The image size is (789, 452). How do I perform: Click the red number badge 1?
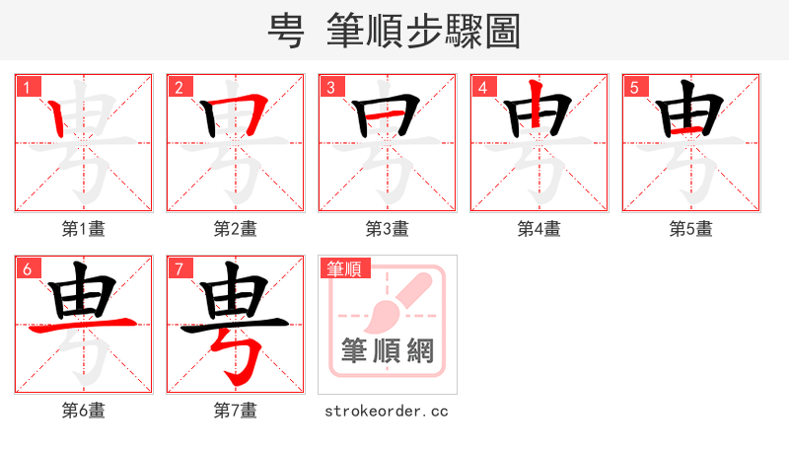click(27, 87)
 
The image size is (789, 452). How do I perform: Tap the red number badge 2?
click(179, 87)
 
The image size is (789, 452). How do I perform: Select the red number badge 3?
click(330, 87)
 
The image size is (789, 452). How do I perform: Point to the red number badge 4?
click(482, 87)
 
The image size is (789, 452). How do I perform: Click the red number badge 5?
click(634, 87)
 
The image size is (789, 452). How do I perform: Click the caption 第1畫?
click(84, 229)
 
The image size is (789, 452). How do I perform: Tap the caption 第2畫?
click(236, 229)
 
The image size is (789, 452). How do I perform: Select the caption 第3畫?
click(388, 229)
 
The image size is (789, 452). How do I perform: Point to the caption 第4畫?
click(539, 229)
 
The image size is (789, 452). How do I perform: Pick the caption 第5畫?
click(691, 229)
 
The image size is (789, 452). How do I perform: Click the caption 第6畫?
click(84, 411)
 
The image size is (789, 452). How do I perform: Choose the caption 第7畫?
click(236, 411)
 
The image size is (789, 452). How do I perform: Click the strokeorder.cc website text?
click(387, 411)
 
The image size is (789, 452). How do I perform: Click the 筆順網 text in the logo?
click(388, 350)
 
